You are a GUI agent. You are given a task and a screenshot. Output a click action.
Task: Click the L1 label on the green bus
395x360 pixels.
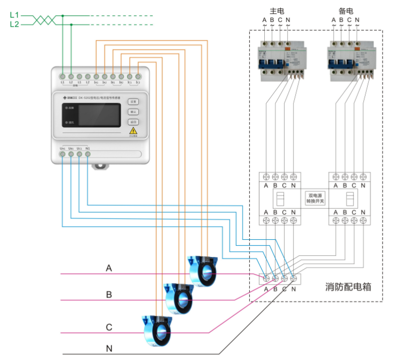(14, 15)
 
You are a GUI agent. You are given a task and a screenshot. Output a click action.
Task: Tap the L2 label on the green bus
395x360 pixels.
(14, 25)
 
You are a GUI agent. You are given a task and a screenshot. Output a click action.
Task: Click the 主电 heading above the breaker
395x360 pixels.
(276, 10)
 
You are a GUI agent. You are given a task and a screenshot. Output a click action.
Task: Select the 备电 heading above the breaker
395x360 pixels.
(345, 10)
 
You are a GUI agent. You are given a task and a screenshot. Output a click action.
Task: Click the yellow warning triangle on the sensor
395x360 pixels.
(133, 130)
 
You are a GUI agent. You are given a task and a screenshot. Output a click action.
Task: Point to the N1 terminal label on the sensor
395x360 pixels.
(88, 148)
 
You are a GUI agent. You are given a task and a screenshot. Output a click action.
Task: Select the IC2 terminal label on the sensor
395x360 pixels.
(138, 83)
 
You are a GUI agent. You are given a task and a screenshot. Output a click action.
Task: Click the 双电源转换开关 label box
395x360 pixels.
(315, 198)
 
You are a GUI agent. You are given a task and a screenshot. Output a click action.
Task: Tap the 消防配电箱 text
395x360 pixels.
(348, 287)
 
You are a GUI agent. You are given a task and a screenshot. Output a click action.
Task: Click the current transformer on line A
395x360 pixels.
(203, 269)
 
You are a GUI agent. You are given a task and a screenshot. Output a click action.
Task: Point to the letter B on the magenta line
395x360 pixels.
(109, 294)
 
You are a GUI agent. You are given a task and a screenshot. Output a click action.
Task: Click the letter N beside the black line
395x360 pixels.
(109, 349)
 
